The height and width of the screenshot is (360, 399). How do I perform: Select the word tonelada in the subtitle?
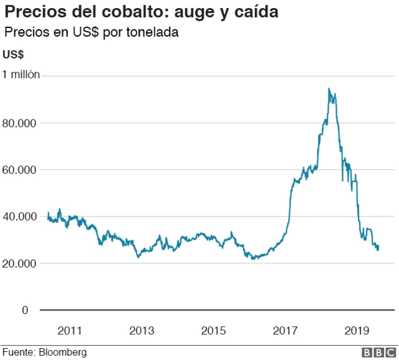(153, 32)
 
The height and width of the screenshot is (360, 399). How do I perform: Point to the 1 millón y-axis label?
(21, 75)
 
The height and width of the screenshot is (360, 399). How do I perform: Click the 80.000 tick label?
(21, 123)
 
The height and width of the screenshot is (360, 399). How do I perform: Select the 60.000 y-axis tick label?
(21, 169)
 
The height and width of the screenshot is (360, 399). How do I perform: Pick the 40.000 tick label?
(21, 217)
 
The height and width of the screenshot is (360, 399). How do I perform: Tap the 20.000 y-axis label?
(21, 263)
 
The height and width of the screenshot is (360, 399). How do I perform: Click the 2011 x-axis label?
(70, 330)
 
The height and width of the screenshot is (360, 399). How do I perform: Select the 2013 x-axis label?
(142, 330)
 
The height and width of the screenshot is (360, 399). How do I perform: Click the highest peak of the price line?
(329, 88)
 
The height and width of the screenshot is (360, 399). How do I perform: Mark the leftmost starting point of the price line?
(48, 213)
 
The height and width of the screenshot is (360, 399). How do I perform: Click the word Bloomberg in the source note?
(62, 353)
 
